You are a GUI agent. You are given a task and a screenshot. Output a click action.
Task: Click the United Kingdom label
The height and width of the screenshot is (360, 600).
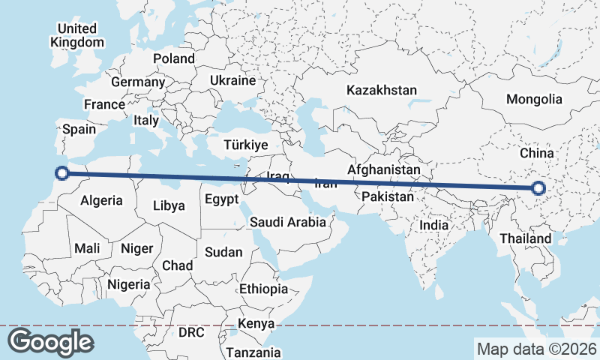[x=77, y=35]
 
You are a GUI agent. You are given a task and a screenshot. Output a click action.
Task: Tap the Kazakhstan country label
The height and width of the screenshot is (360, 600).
[x=381, y=90]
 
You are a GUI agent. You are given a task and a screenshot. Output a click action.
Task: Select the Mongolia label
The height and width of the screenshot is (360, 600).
[x=534, y=99]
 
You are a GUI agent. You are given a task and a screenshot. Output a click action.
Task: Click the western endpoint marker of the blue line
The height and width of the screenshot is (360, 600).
[x=62, y=174]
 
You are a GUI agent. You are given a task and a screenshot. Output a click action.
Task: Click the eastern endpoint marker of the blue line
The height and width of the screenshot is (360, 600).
[x=538, y=188]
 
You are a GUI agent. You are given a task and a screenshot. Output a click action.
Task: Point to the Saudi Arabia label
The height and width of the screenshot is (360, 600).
[x=288, y=222]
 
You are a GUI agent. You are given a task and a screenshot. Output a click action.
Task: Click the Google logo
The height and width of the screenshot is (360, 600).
[x=50, y=342]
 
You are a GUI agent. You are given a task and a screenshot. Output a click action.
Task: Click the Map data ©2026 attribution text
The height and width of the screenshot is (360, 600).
[x=536, y=349]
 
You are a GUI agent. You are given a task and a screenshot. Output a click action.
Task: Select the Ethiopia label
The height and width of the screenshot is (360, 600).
[x=263, y=289]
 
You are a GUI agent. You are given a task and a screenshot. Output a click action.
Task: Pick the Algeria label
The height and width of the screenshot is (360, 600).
[x=101, y=200]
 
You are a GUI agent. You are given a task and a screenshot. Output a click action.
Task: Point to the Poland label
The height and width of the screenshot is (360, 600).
[x=174, y=58]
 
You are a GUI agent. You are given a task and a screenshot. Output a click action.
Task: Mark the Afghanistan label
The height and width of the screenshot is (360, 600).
[x=384, y=170]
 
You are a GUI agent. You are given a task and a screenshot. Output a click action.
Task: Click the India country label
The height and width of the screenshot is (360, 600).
[x=434, y=224]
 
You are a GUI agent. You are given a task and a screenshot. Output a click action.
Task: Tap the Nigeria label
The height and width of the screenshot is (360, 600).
[x=129, y=284]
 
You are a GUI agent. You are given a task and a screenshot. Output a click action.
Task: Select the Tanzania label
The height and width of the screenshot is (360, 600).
[x=253, y=352]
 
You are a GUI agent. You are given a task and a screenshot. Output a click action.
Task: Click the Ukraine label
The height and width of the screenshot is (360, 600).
[x=232, y=80]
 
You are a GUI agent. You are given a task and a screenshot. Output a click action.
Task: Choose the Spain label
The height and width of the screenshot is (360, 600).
[x=79, y=129]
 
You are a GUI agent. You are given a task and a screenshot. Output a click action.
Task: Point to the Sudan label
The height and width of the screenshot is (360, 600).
[x=223, y=252]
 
